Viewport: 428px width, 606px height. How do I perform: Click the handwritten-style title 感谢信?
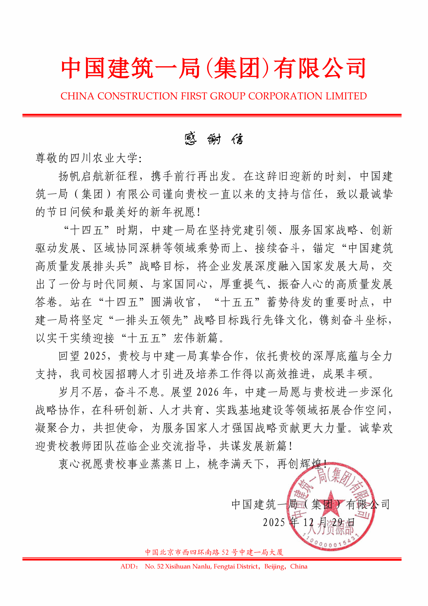pos(214,139)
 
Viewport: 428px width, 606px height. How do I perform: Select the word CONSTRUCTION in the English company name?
pos(137,96)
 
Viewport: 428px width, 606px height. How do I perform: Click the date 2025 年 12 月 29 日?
pos(309,523)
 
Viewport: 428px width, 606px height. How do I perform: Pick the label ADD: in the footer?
pos(129,566)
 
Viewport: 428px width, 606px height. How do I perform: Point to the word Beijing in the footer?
pos(274,566)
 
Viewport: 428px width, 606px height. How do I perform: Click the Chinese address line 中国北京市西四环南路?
pos(182,552)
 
